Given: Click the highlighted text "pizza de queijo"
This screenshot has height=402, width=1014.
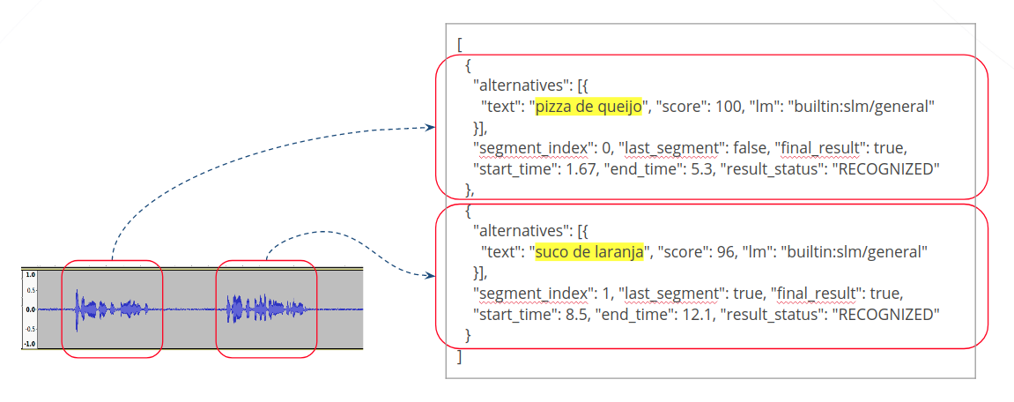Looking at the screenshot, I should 590,107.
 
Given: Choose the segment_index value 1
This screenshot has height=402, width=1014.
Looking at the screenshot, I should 594,292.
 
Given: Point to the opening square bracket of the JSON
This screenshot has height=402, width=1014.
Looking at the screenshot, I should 460,44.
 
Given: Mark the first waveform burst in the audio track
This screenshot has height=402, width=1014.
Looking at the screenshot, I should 109,309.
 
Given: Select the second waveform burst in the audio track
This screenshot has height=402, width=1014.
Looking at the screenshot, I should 265,309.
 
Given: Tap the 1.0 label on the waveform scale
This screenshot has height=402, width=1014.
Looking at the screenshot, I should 30,275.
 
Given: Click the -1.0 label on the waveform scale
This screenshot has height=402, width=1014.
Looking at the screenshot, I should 29,344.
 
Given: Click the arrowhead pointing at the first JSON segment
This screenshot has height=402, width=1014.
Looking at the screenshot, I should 430,127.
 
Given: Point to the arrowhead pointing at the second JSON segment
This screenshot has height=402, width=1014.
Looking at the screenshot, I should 430,276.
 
